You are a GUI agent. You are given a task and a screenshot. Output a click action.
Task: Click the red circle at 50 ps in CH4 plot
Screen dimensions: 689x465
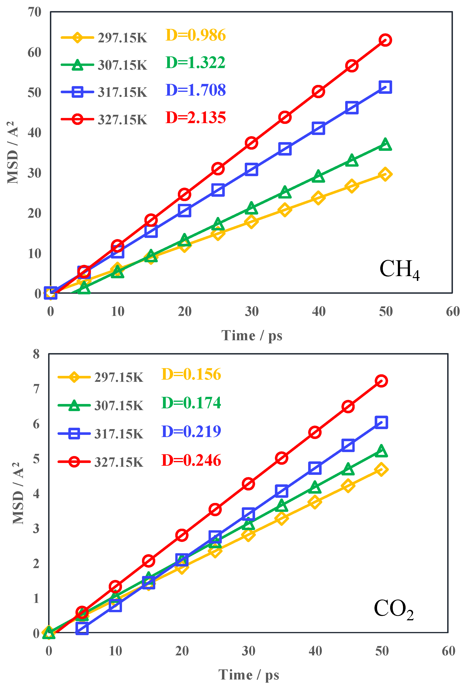pos(385,40)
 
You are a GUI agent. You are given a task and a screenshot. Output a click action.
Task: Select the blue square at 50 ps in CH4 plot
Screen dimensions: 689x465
pos(385,87)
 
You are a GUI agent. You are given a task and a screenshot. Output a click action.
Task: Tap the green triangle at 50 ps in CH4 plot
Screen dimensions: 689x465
pos(385,145)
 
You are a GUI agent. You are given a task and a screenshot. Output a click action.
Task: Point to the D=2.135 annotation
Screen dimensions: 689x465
pos(195,118)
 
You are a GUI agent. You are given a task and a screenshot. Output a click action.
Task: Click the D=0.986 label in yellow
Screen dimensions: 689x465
pos(195,35)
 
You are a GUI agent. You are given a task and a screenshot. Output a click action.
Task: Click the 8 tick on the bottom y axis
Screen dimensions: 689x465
pos(36,354)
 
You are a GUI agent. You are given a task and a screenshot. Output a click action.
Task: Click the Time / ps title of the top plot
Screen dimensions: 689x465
pos(252,336)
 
